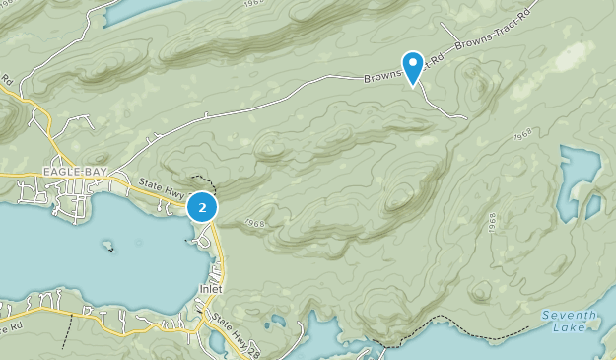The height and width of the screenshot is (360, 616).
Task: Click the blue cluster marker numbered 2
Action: tap(202, 207)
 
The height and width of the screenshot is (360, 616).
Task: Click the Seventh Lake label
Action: tap(567, 322)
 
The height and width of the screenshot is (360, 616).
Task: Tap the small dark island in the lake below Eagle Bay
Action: tap(107, 246)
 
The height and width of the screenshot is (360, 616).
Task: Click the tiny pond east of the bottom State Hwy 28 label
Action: tap(279, 321)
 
